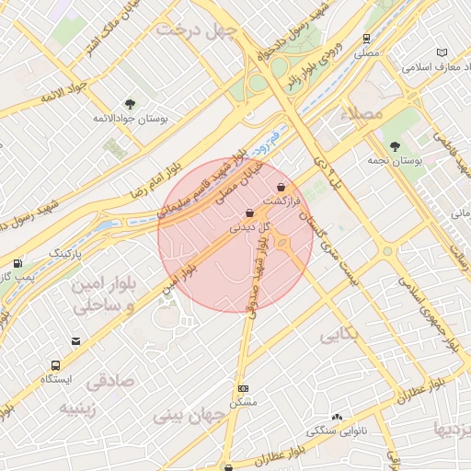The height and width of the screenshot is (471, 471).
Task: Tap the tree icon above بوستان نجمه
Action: point(395,145)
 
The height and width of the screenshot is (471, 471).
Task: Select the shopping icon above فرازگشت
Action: point(281,187)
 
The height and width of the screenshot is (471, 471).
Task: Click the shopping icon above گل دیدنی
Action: point(250,213)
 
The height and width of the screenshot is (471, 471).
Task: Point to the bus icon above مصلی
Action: point(367,39)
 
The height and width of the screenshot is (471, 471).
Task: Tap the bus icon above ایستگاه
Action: point(57,364)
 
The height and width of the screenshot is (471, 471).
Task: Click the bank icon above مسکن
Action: point(243,389)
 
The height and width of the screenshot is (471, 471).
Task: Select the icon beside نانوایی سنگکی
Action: point(337,417)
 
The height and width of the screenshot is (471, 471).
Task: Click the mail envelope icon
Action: point(75,341)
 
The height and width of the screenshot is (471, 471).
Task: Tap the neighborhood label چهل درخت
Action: point(197,29)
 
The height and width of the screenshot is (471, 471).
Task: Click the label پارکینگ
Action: point(65,252)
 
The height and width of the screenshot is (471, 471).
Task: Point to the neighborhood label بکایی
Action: point(339,335)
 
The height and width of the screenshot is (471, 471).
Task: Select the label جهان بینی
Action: point(194,417)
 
